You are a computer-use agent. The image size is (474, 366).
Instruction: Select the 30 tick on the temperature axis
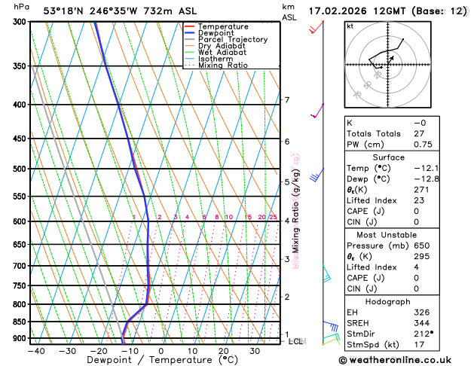tap(255, 351)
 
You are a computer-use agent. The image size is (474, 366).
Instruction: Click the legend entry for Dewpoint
tap(216, 33)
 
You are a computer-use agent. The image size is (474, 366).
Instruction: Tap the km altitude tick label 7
tap(287, 100)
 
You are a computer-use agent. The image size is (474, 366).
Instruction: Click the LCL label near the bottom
tap(296, 341)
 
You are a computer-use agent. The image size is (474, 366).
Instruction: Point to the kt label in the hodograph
tap(350, 26)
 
